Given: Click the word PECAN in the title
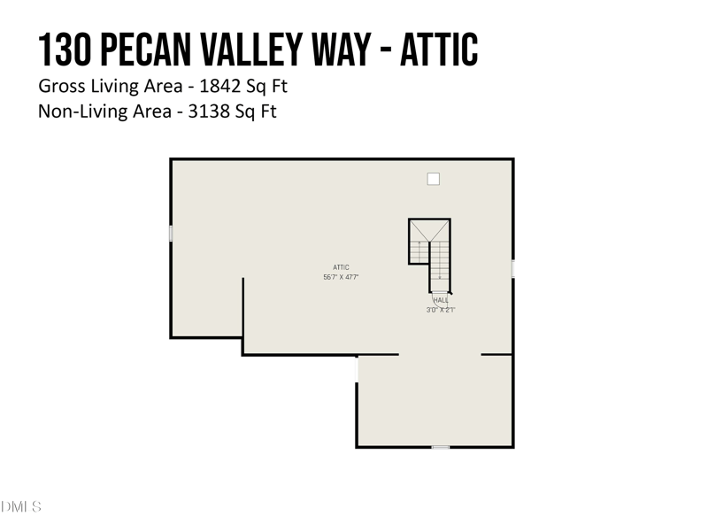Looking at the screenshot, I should pos(149,50).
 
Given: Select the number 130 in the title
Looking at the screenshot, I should pos(65,50).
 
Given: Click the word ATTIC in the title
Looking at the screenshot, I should pos(439,50).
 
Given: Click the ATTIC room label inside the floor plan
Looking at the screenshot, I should pos(341,267).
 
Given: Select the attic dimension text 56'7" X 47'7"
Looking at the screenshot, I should pos(341,278).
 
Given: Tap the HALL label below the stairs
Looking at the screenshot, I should pos(441,301).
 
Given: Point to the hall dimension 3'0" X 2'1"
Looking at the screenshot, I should pos(441,310).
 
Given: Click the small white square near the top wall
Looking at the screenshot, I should pos(433,179).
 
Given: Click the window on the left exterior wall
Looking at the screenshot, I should pos(171,233).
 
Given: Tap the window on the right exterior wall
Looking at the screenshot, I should pos(513,268).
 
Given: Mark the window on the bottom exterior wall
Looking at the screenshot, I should pos(441,447).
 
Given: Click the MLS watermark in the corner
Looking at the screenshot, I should pos(21,507).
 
